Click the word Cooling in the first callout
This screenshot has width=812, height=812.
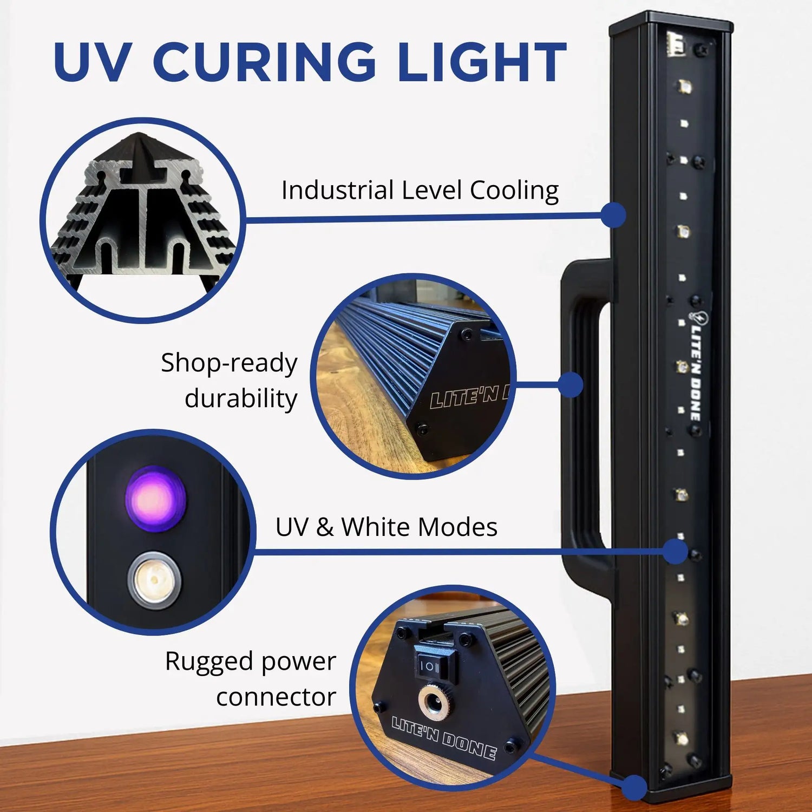514,191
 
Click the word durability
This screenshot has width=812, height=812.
241,399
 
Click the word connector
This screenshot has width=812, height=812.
276,697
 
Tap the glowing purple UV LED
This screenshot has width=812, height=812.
155,498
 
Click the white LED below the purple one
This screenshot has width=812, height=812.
155,580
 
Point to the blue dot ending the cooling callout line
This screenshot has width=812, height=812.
613,215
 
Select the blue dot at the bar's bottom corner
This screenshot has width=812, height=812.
634,787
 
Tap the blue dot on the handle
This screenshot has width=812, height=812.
569,385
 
